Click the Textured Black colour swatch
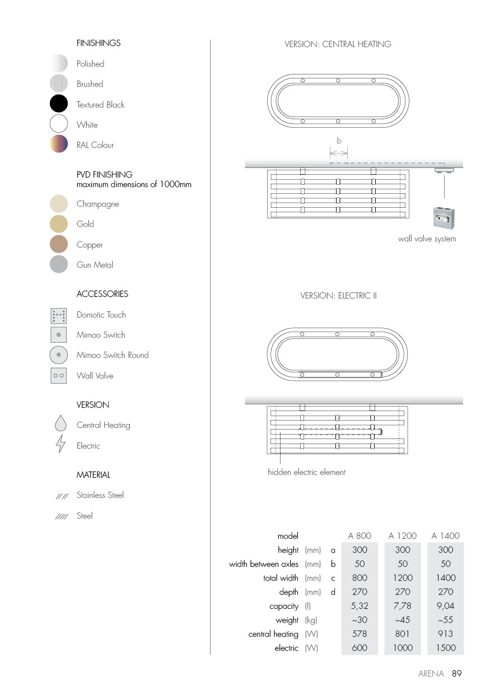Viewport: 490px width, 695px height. point(59,104)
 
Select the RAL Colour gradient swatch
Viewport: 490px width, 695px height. point(59,144)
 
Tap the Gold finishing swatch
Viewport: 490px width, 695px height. point(59,224)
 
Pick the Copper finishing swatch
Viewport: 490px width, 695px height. point(59,244)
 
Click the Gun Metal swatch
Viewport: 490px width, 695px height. point(59,264)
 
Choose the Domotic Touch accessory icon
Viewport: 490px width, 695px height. point(59,315)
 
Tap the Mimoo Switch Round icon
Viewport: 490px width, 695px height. point(59,355)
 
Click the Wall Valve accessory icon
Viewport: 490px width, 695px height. point(59,375)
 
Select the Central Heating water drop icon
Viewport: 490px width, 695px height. point(60,425)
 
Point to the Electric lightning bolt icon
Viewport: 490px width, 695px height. point(60,445)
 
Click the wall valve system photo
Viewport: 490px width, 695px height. point(444,218)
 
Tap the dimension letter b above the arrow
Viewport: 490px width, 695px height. point(339,141)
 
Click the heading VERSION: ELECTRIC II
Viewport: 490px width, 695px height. point(338,295)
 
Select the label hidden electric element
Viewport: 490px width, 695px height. point(306,472)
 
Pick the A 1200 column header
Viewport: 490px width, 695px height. point(402,535)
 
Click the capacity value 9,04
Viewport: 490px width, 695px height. point(445,606)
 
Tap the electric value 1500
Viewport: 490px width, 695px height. point(445,648)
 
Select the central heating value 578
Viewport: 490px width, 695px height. point(360,634)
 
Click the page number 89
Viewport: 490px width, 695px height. point(456,674)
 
